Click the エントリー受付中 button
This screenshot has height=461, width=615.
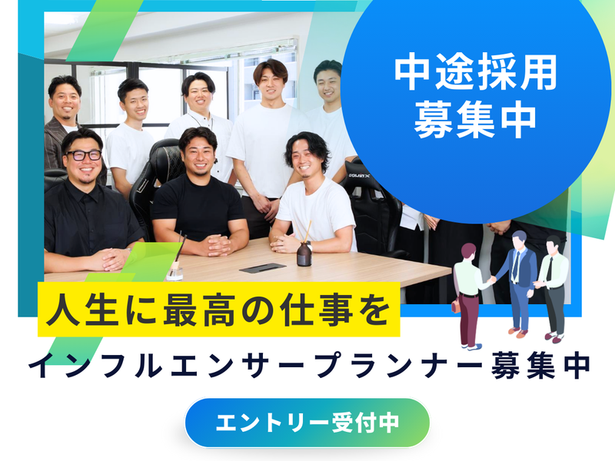point(307,423)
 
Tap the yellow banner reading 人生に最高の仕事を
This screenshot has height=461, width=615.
point(218,310)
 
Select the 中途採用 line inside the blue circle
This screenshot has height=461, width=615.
point(475,72)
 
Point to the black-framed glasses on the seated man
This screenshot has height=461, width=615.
point(84,155)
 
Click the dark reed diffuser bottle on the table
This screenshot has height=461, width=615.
point(304,254)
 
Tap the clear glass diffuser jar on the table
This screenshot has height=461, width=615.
point(175,274)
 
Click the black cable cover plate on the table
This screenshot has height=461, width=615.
point(263,268)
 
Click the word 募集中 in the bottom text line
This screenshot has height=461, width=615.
point(541,366)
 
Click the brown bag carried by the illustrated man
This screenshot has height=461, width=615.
point(455,305)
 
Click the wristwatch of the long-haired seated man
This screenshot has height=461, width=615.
point(310,246)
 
